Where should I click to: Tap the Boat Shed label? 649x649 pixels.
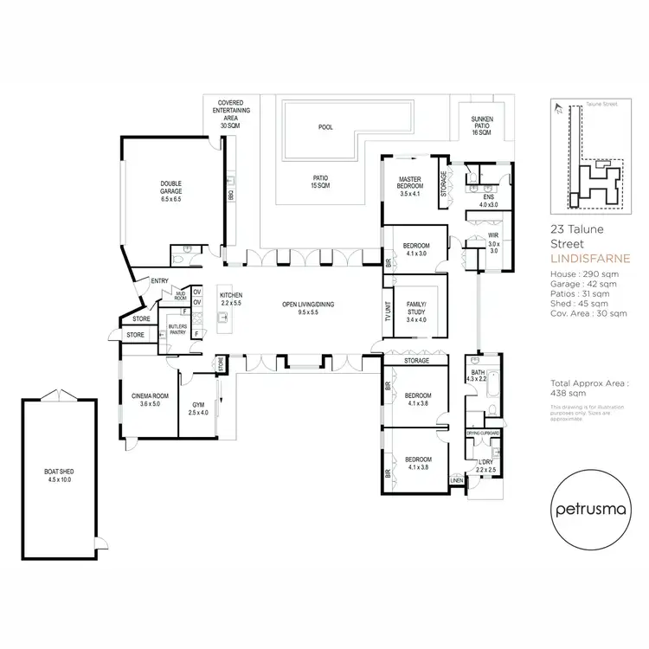(60, 475)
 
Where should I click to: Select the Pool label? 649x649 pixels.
(325, 127)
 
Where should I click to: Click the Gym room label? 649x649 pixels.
(198, 408)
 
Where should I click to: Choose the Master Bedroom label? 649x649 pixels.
(409, 183)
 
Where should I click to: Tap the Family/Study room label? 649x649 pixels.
(418, 311)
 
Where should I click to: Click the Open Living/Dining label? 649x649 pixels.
(307, 309)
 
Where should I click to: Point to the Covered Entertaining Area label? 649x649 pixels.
(234, 113)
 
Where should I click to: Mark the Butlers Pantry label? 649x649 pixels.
(178, 330)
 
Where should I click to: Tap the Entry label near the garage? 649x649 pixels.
(160, 280)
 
